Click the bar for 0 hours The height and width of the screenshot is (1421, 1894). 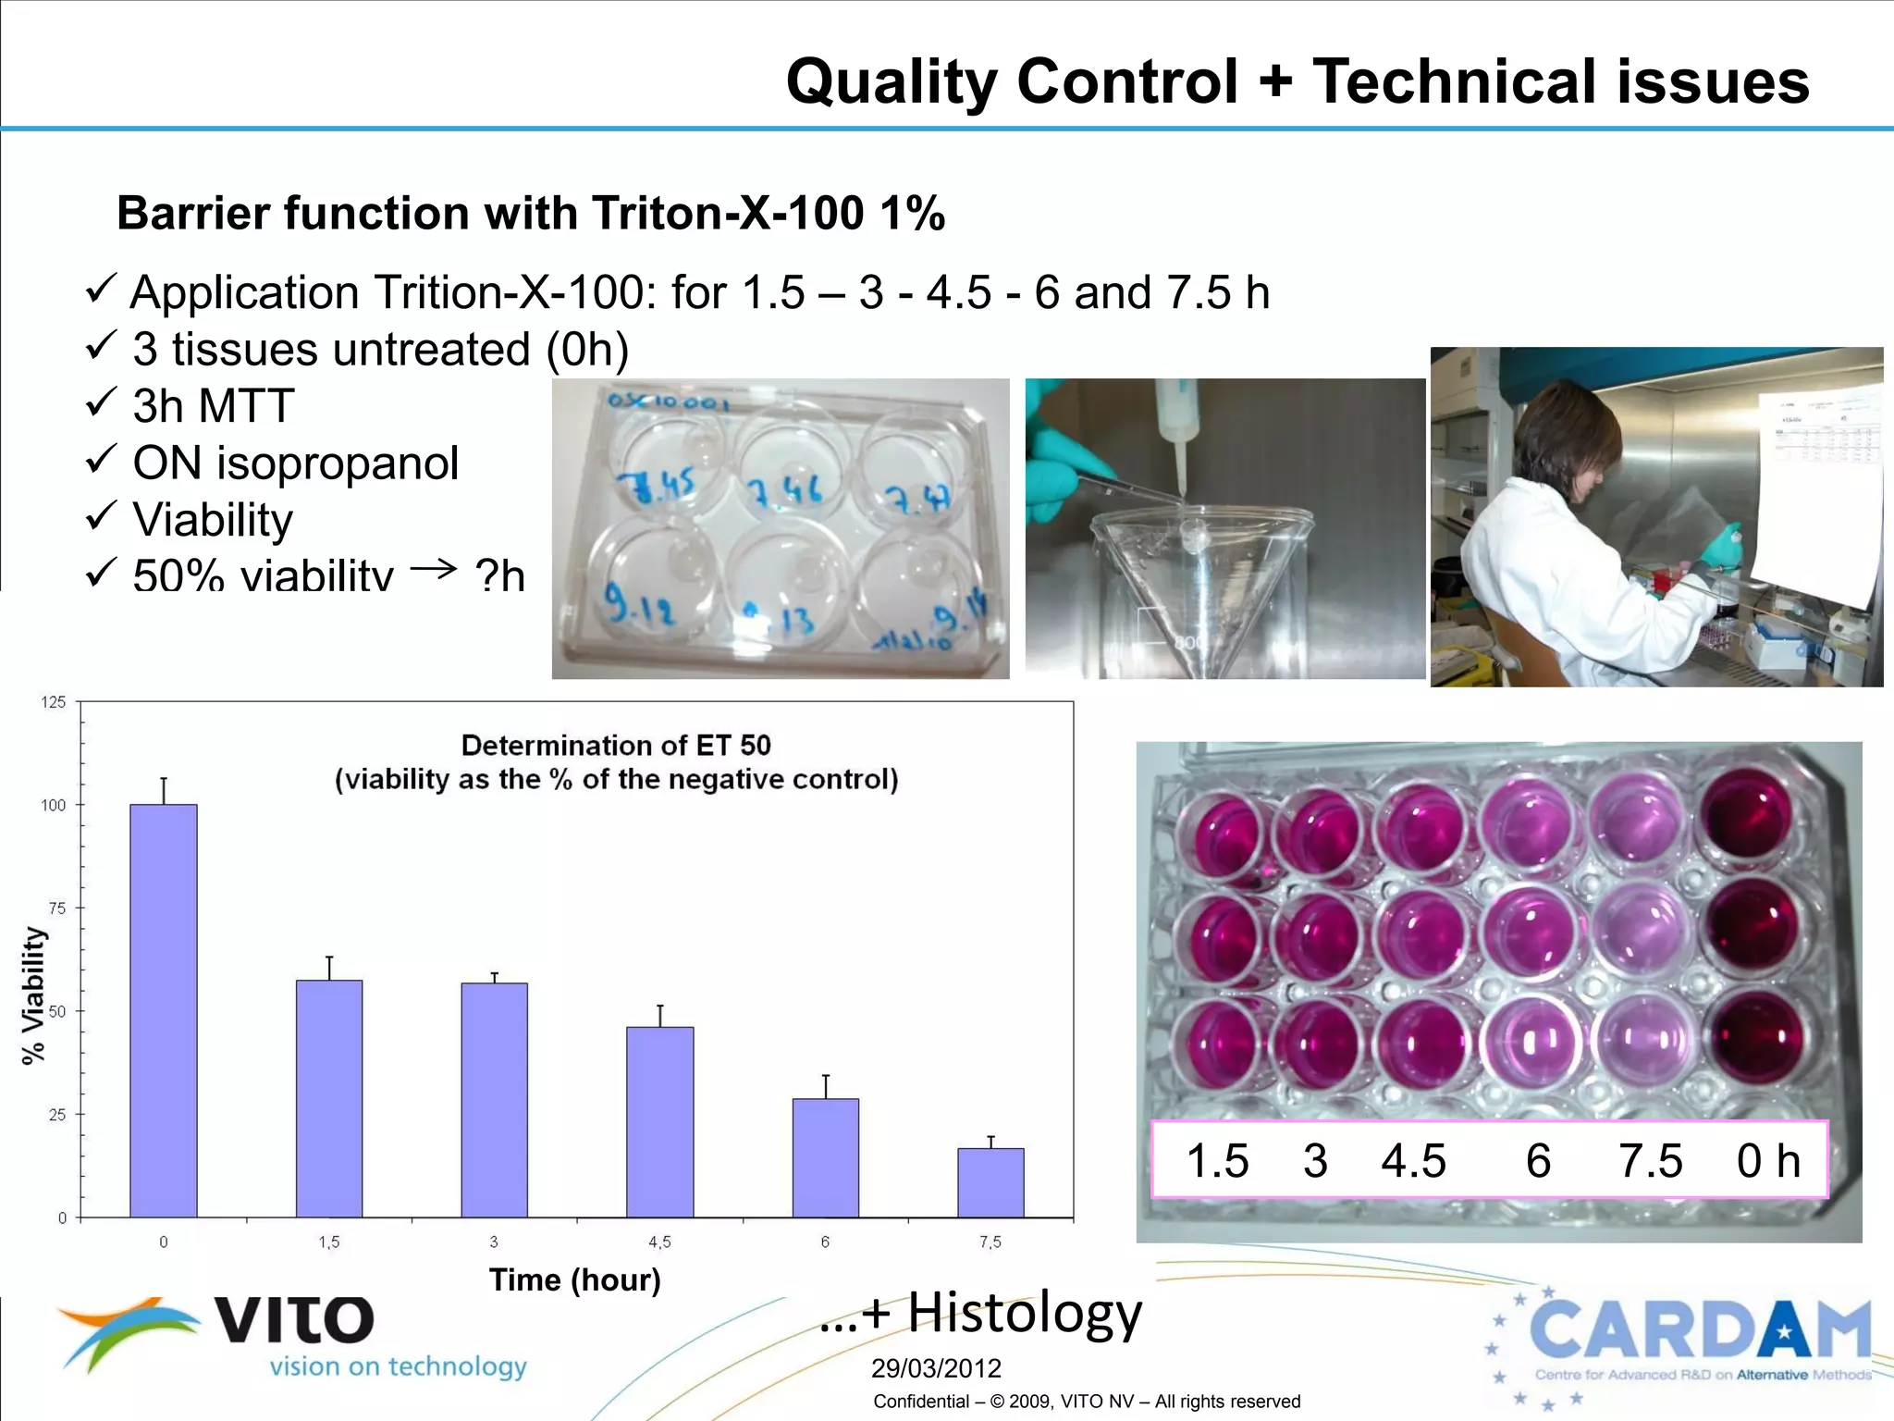164,1010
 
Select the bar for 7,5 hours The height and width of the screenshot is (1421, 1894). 990,1182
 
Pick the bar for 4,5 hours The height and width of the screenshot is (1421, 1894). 660,1121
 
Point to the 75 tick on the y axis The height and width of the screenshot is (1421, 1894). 57,908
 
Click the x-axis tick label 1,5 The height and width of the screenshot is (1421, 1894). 329,1242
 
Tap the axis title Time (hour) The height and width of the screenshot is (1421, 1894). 574,1279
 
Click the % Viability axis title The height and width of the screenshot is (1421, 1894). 33,995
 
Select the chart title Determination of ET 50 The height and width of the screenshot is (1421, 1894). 616,745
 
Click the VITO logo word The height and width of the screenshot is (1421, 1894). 294,1320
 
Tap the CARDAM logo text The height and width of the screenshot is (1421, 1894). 1700,1330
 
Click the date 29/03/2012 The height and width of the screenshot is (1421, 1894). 936,1368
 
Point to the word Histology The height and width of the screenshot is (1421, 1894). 1025,1312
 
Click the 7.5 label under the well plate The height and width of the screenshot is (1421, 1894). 1651,1160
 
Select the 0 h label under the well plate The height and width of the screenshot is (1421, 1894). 1767,1160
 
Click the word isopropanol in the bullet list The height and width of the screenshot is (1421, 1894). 338,463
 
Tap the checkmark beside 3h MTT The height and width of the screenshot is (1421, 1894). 100,402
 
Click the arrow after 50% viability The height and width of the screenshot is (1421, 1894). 434,568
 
